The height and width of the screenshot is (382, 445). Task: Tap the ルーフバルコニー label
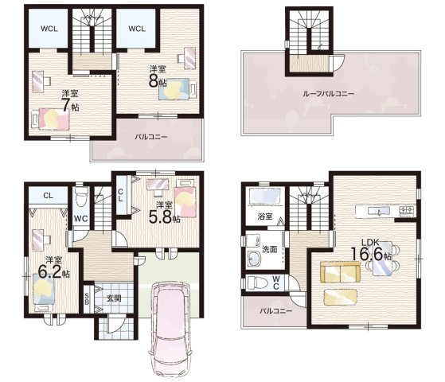click(328, 94)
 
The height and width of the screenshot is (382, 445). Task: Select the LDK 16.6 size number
click(368, 254)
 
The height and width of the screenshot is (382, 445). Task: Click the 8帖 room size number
click(154, 81)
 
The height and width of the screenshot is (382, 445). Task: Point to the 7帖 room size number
click(66, 105)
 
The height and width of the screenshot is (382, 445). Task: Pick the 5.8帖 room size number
click(160, 217)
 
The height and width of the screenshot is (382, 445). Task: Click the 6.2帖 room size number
click(49, 272)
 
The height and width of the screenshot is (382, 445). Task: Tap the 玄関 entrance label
click(114, 298)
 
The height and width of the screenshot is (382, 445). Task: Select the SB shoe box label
click(87, 299)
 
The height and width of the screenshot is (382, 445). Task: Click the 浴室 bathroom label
click(265, 216)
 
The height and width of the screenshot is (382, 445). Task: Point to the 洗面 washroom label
click(269, 249)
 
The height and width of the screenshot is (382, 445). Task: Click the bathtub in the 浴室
click(266, 196)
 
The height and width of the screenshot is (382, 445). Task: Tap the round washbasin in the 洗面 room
click(253, 259)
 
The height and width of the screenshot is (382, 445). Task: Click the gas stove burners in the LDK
click(407, 210)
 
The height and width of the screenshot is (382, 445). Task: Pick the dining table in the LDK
click(382, 259)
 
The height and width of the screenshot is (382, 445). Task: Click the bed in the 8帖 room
click(178, 89)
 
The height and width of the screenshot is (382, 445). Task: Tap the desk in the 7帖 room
click(38, 81)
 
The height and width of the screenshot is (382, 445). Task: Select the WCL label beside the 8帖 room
click(137, 29)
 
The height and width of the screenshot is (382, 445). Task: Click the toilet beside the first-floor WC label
click(81, 196)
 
